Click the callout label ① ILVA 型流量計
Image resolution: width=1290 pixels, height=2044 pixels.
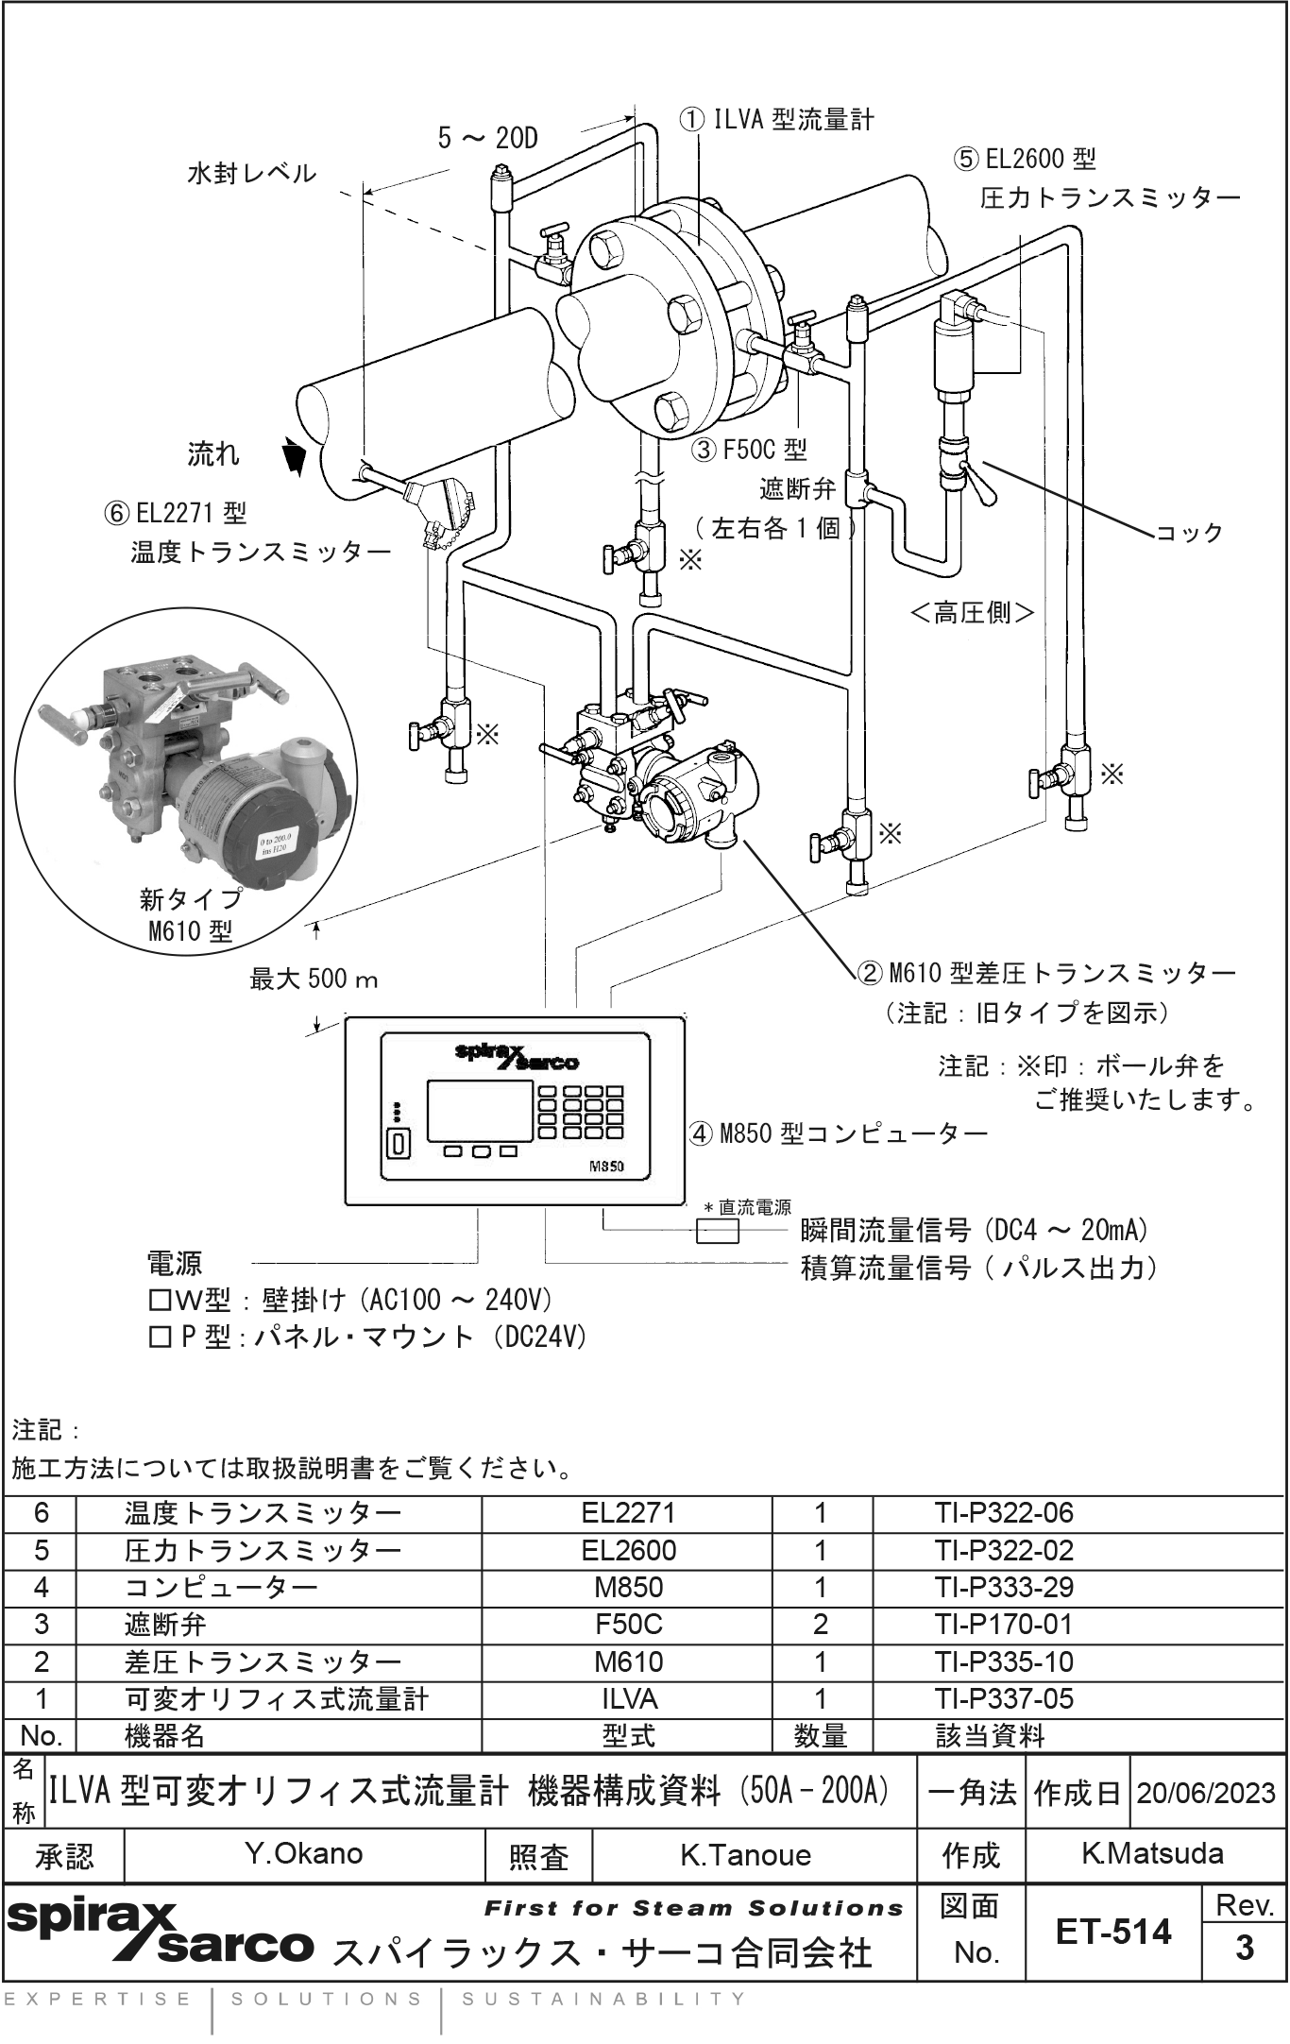click(776, 120)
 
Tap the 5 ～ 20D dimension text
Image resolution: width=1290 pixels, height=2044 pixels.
click(487, 139)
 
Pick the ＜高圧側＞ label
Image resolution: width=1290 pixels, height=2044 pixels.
click(973, 613)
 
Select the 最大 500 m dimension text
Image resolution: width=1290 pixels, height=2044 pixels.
click(314, 979)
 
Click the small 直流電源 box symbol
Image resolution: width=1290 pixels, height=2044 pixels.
click(718, 1231)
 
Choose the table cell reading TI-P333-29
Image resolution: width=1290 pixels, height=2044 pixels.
click(1004, 1587)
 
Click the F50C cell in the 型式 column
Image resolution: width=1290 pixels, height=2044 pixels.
click(628, 1625)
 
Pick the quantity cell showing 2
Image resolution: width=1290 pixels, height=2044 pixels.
click(821, 1625)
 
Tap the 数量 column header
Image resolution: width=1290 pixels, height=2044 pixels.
click(821, 1735)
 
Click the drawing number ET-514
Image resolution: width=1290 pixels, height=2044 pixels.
click(1113, 1933)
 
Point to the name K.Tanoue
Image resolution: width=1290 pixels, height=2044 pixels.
click(745, 1855)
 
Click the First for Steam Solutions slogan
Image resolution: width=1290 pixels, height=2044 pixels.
click(693, 1909)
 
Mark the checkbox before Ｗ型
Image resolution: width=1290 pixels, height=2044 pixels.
click(160, 1301)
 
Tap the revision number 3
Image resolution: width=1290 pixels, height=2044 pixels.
click(1245, 1948)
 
